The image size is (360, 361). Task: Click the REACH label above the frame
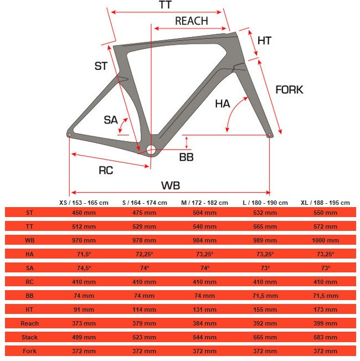192,21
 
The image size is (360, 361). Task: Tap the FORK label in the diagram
289,89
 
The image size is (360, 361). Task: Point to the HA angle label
223,103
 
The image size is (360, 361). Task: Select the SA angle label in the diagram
111,120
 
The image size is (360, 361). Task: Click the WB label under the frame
171,185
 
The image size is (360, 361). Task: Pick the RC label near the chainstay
106,170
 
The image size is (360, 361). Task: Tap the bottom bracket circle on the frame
151,149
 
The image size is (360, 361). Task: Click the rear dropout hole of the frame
69,134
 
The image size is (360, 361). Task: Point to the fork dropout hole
270,135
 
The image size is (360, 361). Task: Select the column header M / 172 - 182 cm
204,203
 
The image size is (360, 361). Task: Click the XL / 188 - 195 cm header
325,203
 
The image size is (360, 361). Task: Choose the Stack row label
30,337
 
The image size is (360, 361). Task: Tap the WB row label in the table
30,240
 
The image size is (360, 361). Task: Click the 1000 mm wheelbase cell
325,240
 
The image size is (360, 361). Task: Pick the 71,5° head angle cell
84,254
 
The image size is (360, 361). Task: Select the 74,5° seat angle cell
84,268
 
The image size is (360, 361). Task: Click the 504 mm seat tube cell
204,212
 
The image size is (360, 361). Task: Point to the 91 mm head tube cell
84,310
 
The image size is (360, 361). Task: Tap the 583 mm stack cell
325,337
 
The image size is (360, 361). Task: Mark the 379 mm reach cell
145,323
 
